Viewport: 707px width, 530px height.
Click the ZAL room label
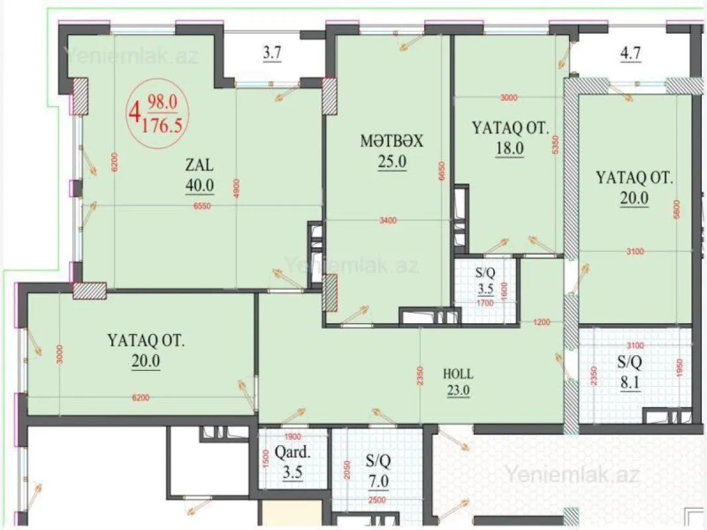199,164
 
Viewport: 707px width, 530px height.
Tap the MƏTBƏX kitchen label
391,141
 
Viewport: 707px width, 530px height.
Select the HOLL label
458,374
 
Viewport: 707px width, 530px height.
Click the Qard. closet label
292,455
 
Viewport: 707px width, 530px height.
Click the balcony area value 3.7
272,54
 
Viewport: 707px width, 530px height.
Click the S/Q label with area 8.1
630,363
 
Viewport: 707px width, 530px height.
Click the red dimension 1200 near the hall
541,323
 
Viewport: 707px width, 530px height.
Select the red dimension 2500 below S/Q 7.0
377,501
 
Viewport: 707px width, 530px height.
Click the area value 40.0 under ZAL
199,185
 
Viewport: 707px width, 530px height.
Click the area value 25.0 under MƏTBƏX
391,162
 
